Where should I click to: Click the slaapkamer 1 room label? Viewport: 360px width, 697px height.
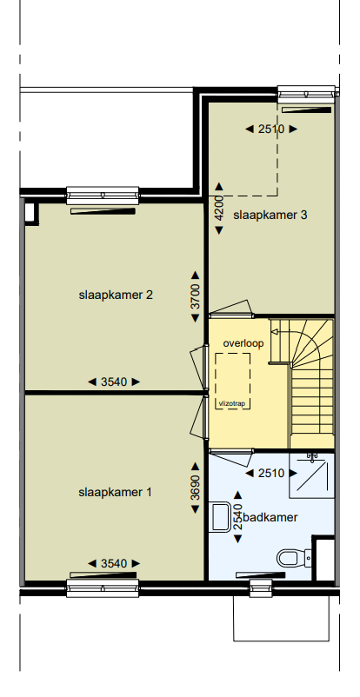click(115, 493)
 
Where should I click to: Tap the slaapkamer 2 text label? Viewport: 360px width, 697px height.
click(116, 295)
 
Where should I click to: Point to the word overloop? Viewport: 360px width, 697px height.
click(243, 343)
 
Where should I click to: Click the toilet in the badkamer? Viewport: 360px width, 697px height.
click(290, 556)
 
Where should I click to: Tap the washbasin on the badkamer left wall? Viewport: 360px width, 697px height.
click(221, 516)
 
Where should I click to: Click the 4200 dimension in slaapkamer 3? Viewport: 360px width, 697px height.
click(219, 209)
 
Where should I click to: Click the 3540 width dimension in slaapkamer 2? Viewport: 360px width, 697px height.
click(114, 382)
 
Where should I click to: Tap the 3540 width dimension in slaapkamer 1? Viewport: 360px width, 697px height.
click(114, 563)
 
